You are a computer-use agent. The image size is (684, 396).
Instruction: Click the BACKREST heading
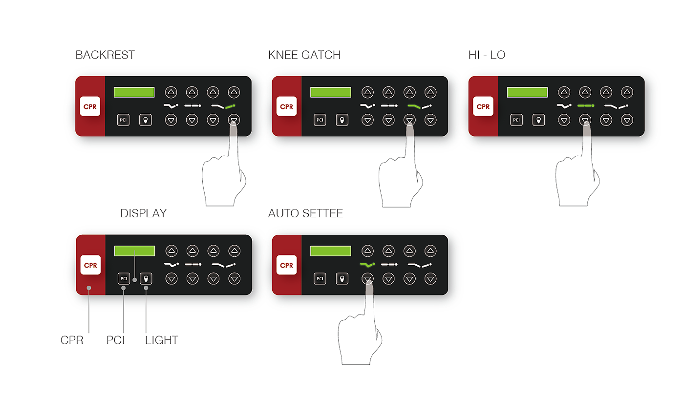pos(105,55)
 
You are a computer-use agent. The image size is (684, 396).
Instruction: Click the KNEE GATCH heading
pos(304,55)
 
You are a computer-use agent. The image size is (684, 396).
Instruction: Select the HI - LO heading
pos(487,55)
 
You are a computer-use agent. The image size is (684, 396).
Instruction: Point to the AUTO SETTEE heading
pos(305,213)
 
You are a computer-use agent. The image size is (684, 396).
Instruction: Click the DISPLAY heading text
pos(144,213)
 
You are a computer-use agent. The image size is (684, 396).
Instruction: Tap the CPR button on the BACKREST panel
pos(90,106)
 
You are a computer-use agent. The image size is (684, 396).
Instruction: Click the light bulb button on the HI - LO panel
pos(538,120)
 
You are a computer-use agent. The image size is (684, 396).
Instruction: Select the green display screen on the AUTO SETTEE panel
pos(331,251)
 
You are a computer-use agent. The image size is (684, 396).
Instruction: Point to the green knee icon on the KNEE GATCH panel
pos(414,106)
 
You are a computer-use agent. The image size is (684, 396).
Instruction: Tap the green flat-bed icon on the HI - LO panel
pos(586,105)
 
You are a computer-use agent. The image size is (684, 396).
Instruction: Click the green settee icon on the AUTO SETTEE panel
pos(367,265)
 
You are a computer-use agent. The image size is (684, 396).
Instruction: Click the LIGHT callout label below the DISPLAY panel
pos(162,340)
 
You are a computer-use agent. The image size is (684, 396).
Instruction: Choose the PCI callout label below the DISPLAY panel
pos(115,340)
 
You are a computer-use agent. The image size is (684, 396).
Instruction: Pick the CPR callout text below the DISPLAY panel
pos(72,340)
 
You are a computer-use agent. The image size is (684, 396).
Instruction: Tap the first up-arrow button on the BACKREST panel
pos(171,92)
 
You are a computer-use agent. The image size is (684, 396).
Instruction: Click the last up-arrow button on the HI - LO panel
pos(627,92)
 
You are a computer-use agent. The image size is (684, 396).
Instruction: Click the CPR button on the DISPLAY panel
pos(90,265)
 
